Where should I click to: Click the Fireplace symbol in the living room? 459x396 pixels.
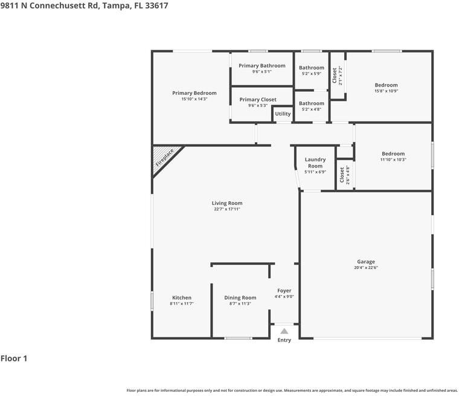(x=164, y=158)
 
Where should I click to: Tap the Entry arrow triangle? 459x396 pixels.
(x=284, y=331)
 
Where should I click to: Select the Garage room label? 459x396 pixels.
(x=365, y=262)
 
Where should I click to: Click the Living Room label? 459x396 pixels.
(x=227, y=203)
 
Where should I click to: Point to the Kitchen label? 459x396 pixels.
(x=182, y=297)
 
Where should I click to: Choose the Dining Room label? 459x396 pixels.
(x=240, y=297)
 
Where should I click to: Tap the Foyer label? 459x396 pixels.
(x=284, y=291)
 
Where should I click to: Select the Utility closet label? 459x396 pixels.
(x=283, y=114)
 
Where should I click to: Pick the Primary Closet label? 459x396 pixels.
(x=258, y=100)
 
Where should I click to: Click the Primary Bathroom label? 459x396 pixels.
(x=262, y=65)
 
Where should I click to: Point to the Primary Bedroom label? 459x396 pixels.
(x=194, y=93)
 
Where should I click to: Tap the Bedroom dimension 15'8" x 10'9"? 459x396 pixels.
(x=386, y=91)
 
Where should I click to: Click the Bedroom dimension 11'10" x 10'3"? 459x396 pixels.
(x=393, y=160)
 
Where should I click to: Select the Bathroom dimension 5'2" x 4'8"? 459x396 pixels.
(x=312, y=109)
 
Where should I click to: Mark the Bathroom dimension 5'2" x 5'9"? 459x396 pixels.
(x=312, y=74)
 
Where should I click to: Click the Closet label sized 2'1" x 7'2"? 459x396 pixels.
(x=335, y=76)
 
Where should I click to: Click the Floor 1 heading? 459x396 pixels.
(x=14, y=359)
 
